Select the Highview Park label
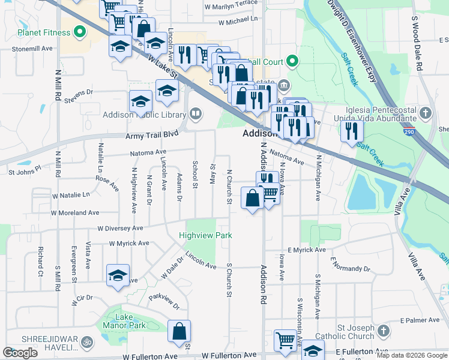[x=205, y=236]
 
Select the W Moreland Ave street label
[x=75, y=212]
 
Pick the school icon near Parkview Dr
[x=118, y=276]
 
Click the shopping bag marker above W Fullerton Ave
[x=179, y=332]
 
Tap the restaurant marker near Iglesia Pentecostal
[x=352, y=131]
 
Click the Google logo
[x=20, y=353]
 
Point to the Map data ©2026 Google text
[x=411, y=355]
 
